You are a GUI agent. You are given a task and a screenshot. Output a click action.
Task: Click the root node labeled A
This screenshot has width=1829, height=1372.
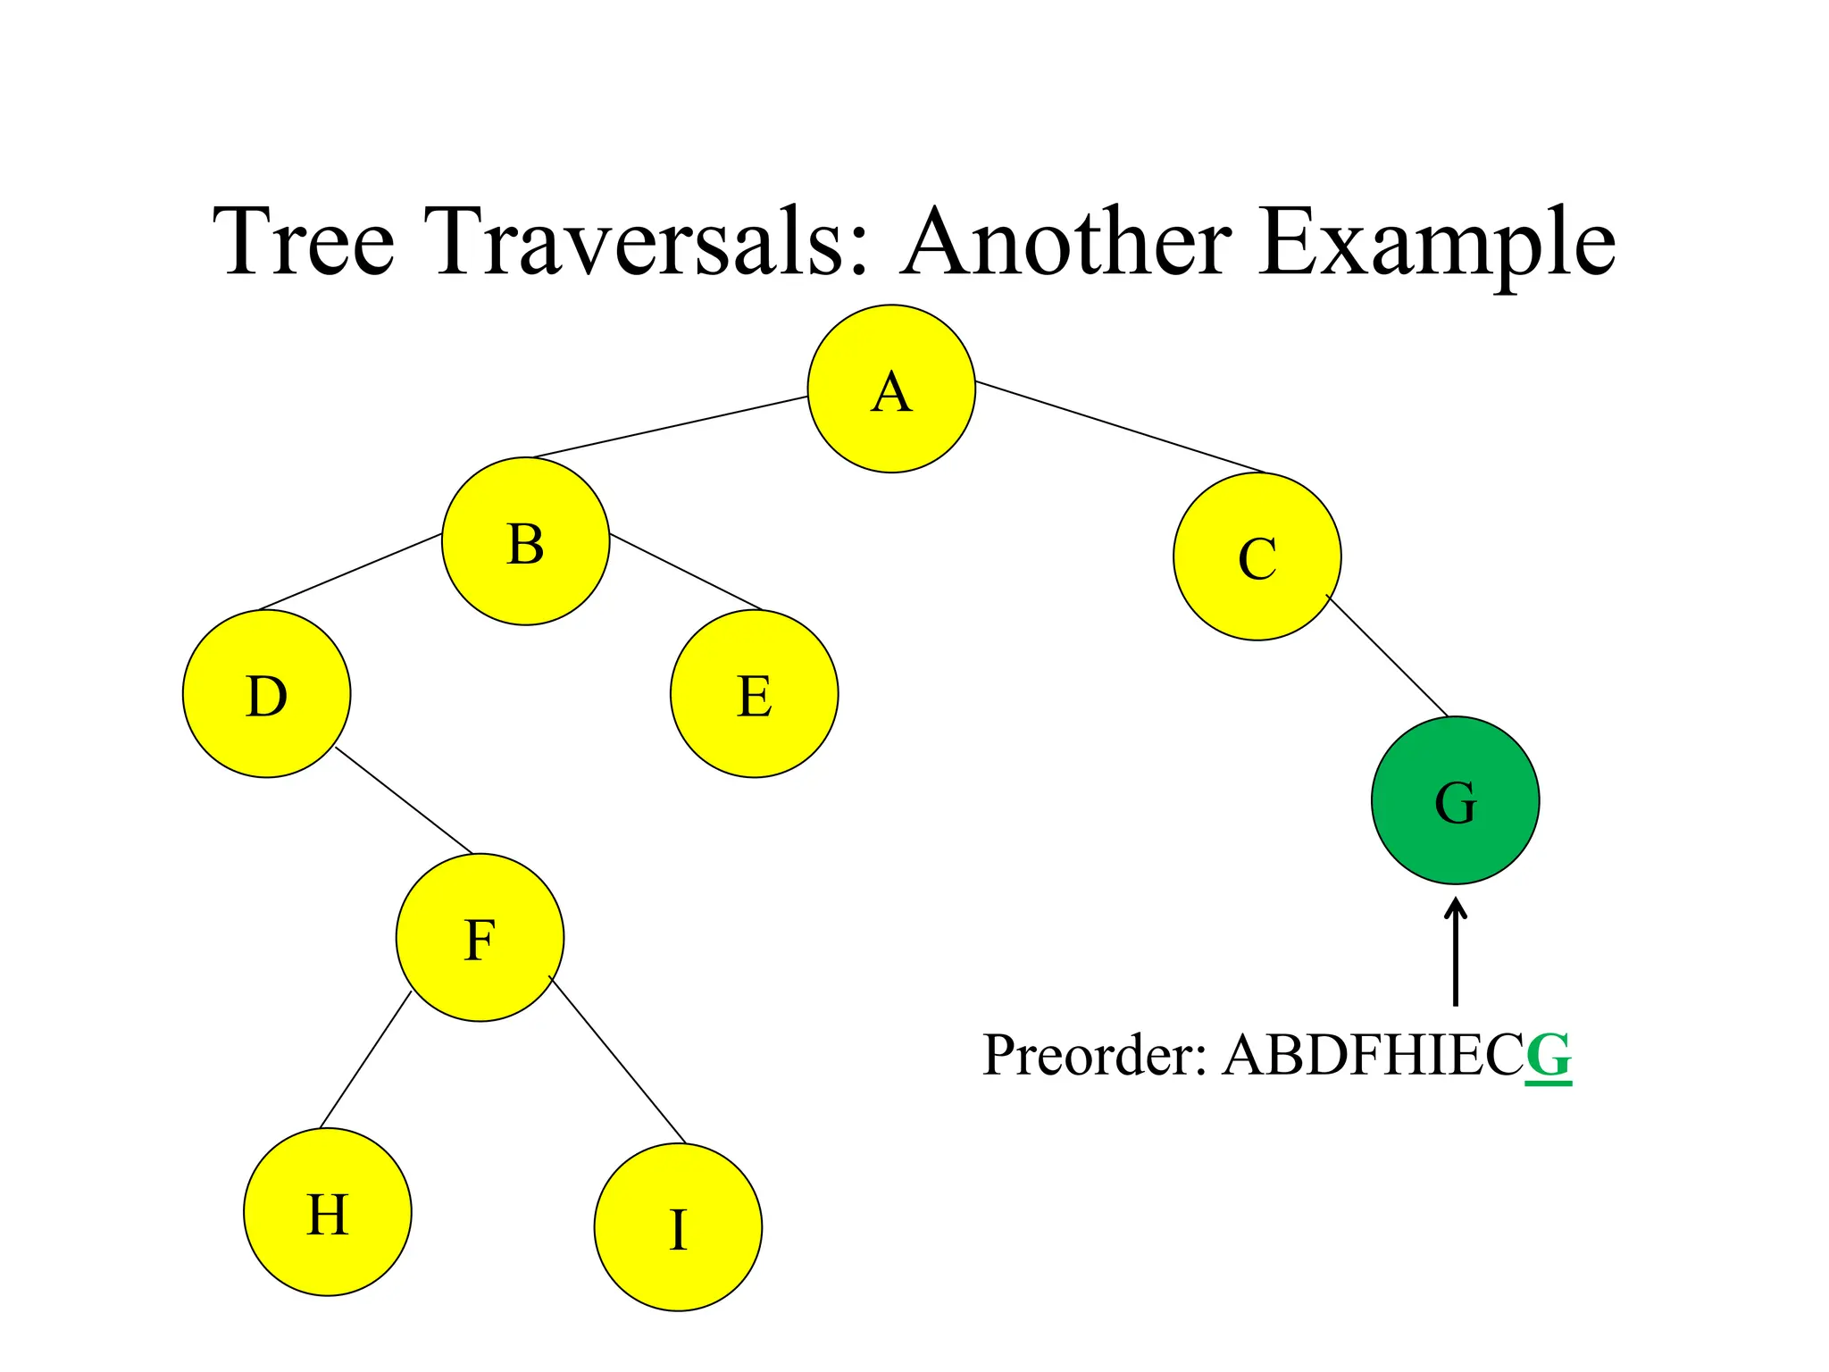891,389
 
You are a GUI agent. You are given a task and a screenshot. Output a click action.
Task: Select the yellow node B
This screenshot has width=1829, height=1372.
525,541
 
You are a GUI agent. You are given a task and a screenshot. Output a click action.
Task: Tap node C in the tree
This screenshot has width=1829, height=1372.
1257,556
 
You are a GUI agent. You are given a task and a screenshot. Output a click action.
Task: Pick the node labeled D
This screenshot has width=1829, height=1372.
266,694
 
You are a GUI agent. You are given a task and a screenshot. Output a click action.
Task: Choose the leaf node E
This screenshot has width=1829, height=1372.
754,694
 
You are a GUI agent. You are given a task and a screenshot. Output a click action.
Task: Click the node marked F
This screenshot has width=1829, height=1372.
480,937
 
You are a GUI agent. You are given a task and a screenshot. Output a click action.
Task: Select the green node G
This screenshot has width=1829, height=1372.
1455,800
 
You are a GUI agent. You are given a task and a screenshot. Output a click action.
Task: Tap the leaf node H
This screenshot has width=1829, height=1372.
327,1212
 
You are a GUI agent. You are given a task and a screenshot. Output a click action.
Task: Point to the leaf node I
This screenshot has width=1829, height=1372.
678,1227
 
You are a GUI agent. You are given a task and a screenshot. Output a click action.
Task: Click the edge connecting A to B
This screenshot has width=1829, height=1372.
670,427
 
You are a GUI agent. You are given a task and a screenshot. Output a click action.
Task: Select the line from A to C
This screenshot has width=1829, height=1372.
1121,427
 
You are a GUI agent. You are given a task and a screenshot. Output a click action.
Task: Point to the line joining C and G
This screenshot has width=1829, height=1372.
1387,656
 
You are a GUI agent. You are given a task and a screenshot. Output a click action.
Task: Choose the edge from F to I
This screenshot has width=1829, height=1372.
617,1060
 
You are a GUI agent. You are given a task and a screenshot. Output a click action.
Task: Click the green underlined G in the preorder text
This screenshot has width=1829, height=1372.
1548,1056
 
